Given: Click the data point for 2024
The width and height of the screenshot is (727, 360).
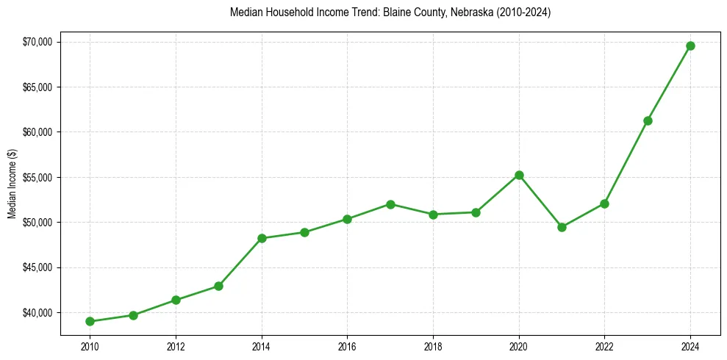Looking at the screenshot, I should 690,46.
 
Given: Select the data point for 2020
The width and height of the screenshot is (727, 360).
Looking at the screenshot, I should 519,175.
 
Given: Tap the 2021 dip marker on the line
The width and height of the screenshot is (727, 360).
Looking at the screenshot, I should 562,227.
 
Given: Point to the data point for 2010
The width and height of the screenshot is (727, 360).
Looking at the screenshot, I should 90,321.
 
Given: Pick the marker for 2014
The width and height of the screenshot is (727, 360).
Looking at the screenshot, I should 262,238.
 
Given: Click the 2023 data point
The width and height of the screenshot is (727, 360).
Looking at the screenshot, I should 648,120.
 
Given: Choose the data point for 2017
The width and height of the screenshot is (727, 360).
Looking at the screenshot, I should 390,204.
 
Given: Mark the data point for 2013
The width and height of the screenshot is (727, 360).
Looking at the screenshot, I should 218,286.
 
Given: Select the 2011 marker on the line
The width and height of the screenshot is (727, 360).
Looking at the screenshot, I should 133,315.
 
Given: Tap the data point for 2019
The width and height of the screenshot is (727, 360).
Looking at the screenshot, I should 476,212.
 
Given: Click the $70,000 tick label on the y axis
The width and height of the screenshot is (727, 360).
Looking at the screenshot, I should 37,42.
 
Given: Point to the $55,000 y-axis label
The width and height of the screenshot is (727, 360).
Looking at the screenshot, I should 37,178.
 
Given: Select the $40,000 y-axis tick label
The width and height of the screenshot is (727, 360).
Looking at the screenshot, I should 37,313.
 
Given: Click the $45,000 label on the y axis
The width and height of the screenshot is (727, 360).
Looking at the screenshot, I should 37,268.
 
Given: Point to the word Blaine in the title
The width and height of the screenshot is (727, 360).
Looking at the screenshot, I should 397,13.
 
